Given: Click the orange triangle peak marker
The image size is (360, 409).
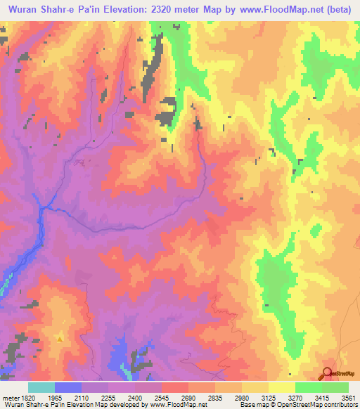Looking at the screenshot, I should pos(60,339).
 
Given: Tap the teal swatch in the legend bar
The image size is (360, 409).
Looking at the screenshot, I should pos(41,387).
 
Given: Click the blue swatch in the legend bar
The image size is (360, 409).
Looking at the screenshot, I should pos(68,387).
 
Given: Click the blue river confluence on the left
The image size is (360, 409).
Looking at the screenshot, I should pos(44,207).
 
